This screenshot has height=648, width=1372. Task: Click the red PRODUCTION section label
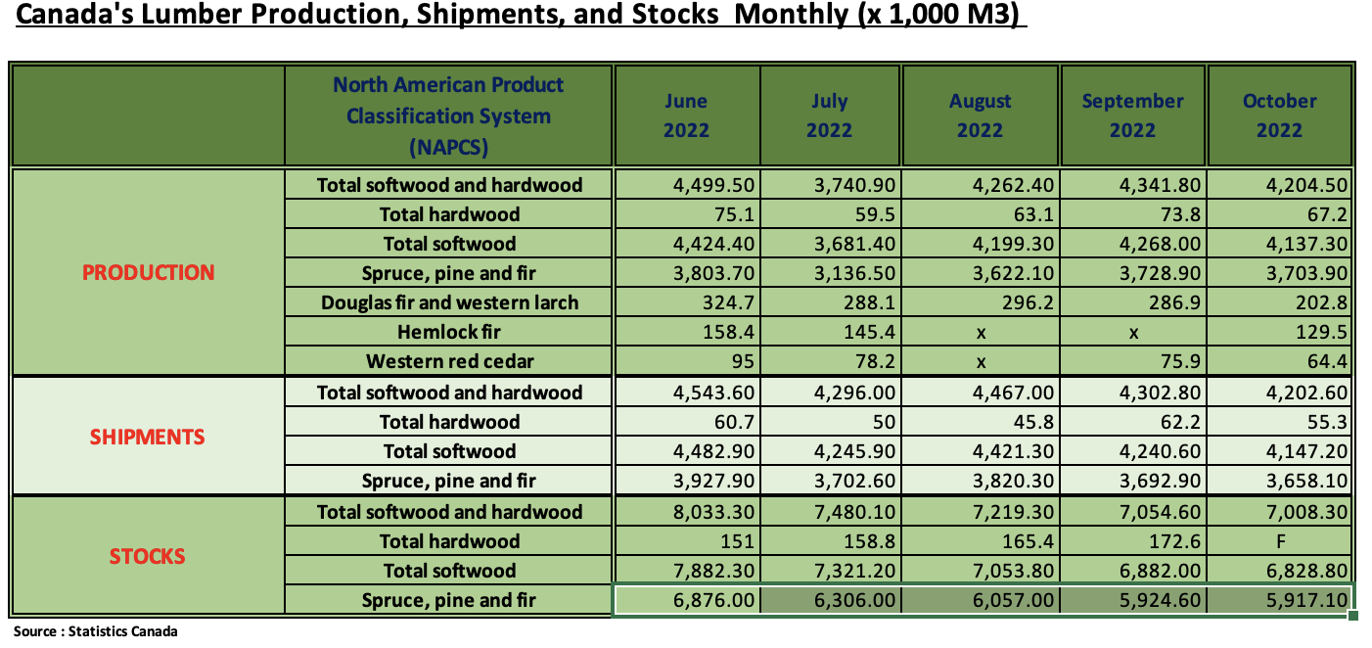[x=148, y=273]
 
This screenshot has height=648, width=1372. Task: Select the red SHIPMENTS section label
[x=148, y=438]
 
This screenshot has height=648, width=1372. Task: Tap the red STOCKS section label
[x=148, y=557]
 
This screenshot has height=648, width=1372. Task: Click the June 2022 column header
[x=686, y=116]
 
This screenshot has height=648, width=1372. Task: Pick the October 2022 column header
[x=1279, y=116]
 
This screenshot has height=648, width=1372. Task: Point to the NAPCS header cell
[x=448, y=116]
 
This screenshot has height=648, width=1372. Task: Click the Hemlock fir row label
[x=449, y=332]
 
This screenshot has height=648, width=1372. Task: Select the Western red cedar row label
[x=449, y=361]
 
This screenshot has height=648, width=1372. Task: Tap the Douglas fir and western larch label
[x=449, y=302]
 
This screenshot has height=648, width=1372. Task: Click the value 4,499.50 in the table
[x=714, y=185]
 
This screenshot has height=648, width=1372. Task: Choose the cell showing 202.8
[x=1321, y=302]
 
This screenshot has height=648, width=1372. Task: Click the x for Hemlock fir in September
[x=1133, y=333]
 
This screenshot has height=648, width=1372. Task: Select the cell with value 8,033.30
[x=714, y=512]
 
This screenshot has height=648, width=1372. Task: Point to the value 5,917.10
[x=1307, y=600]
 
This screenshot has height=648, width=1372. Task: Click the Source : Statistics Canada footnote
[x=96, y=631]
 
